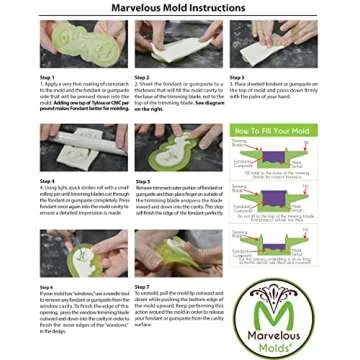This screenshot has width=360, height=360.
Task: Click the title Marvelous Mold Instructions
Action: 179,8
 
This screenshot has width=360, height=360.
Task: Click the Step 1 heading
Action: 46,76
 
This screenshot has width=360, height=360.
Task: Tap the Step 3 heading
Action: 236,76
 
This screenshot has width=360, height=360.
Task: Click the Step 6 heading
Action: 46,286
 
